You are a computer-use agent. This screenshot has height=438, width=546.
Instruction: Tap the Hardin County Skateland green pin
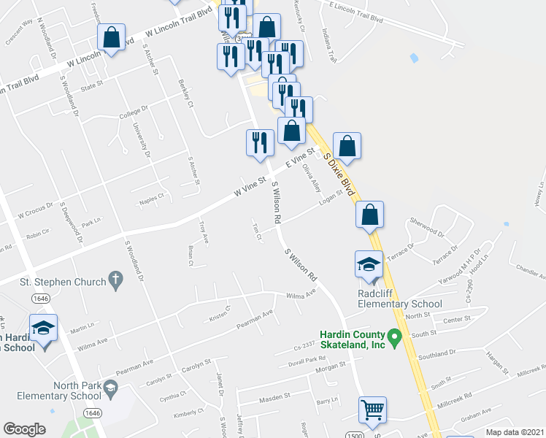click(x=395, y=338)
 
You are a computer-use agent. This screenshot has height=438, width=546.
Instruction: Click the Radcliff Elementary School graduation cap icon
click(x=369, y=264)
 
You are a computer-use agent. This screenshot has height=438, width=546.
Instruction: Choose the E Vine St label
click(x=299, y=158)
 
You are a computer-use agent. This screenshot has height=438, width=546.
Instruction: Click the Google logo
click(x=24, y=429)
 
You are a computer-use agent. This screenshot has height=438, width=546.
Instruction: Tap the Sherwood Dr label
click(x=427, y=223)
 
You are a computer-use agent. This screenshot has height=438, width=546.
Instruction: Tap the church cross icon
click(x=114, y=279)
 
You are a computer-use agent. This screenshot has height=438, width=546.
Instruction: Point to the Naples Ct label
click(x=151, y=198)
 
